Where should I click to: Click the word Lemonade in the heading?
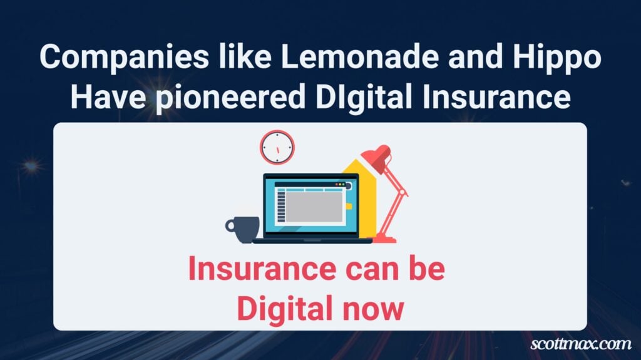[360, 56]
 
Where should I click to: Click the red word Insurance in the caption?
[262, 268]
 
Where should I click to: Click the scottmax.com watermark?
[581, 344]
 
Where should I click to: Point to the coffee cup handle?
[229, 226]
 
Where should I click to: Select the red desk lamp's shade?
[377, 158]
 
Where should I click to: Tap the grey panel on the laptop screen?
[314, 207]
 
